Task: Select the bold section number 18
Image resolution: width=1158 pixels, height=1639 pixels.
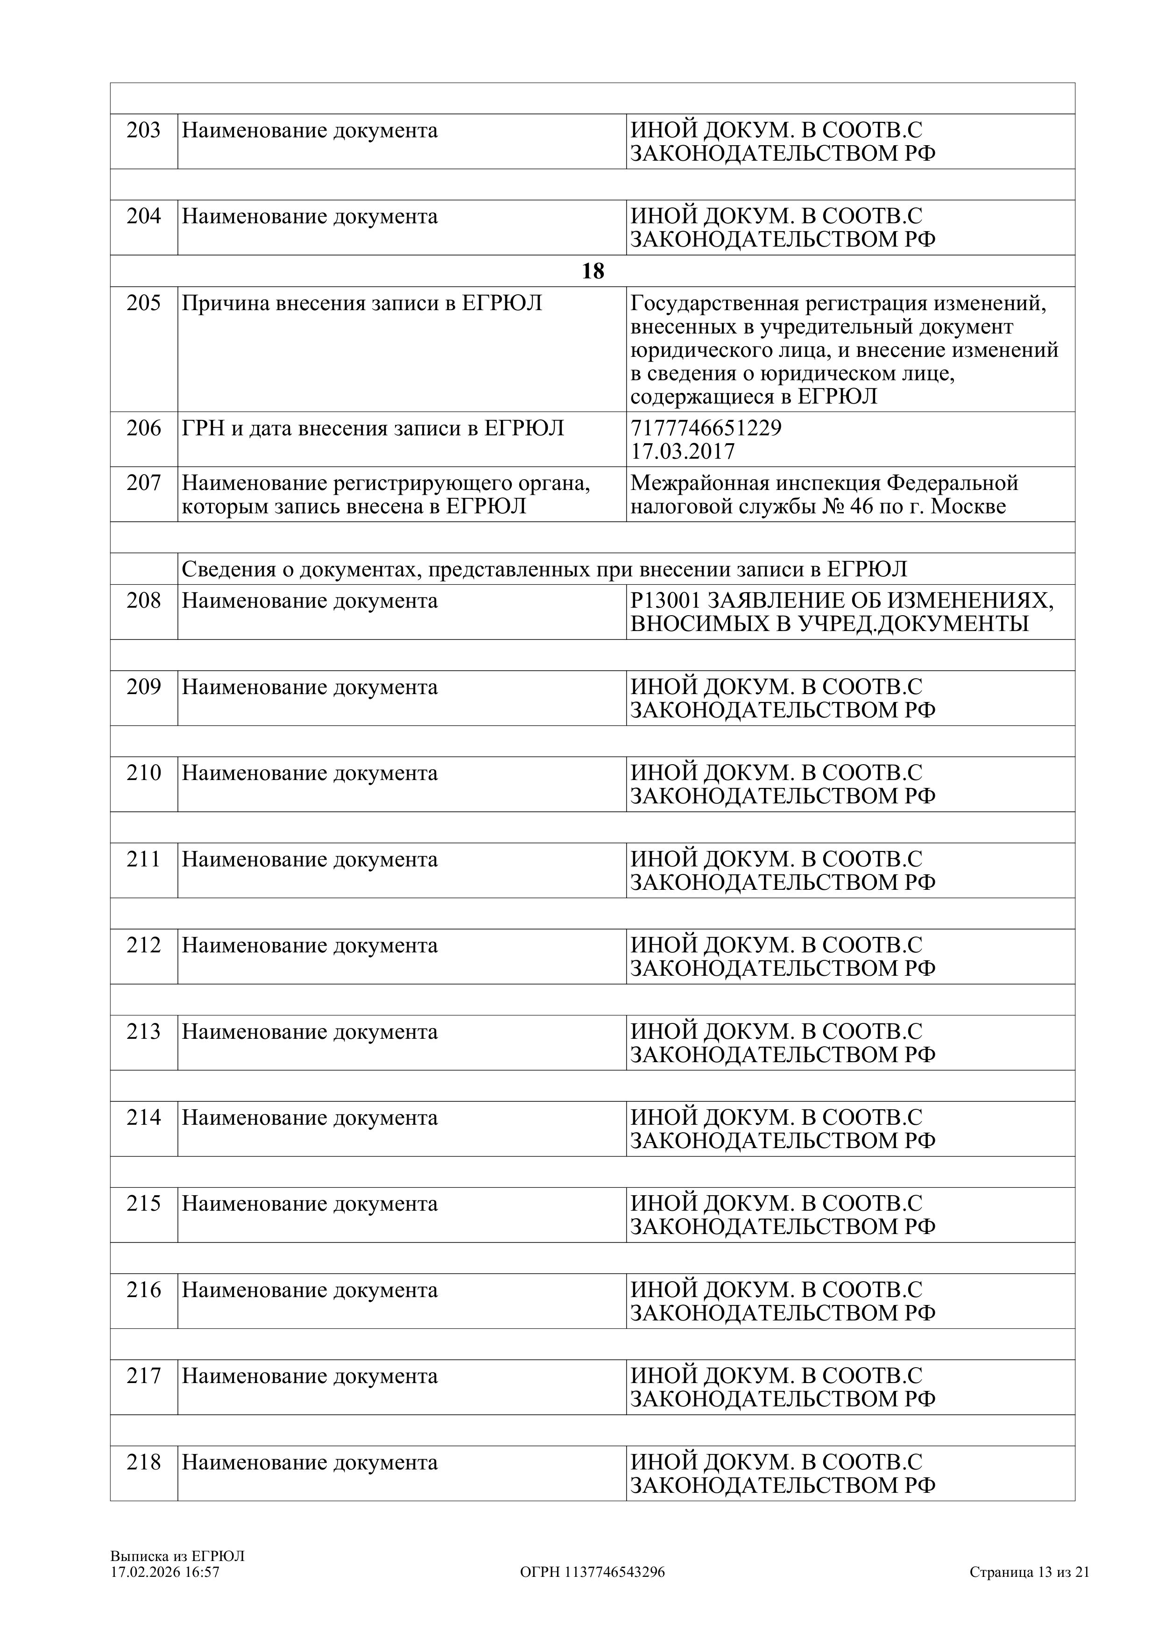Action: tap(593, 271)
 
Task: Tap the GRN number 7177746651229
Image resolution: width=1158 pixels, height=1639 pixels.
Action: tap(706, 428)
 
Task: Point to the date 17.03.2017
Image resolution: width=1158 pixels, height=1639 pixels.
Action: tap(682, 452)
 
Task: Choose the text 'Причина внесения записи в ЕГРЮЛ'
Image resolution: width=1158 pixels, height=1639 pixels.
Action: tap(362, 304)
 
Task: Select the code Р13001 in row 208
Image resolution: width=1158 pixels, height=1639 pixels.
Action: tap(665, 601)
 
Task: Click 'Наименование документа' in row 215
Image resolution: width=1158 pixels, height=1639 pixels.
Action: tap(310, 1204)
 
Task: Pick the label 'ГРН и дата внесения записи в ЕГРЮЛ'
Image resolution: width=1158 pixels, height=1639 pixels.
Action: tap(373, 428)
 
